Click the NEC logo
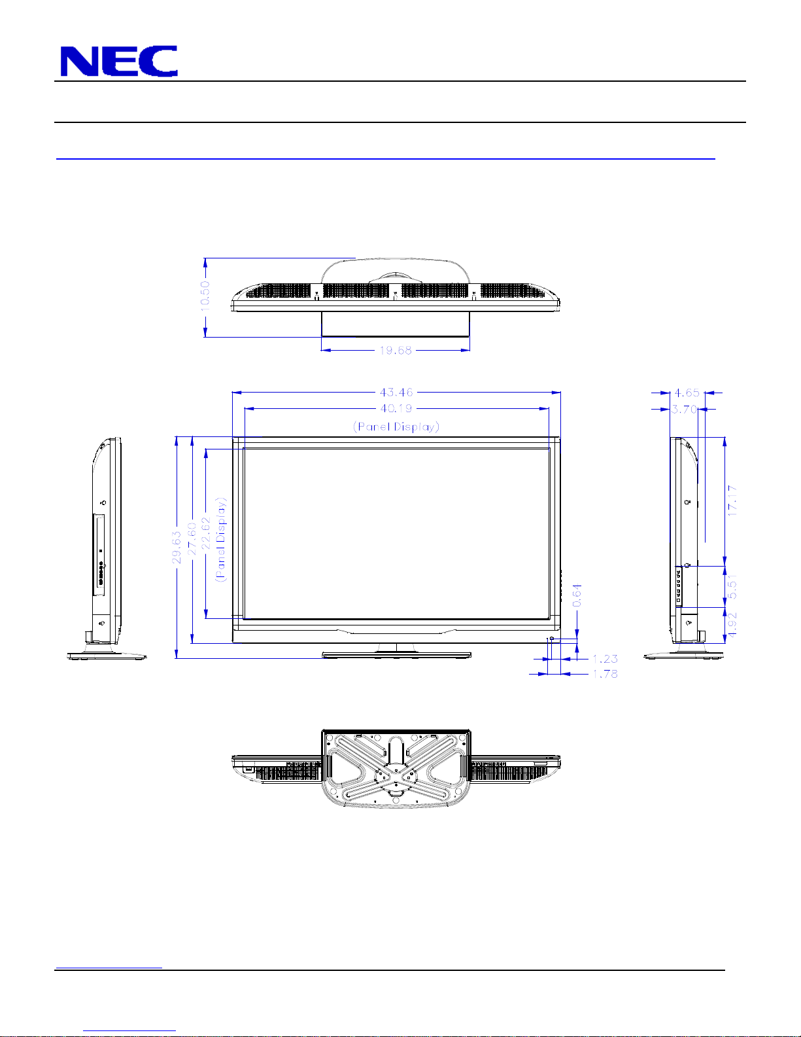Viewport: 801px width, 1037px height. [119, 61]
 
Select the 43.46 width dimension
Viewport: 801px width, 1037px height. [396, 393]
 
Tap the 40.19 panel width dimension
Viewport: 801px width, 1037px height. [396, 408]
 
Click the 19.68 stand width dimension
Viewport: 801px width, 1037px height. [395, 350]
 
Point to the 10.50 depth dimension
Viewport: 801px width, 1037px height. [205, 296]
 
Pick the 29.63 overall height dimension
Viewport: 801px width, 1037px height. [177, 548]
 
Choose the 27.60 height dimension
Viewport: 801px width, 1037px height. [192, 538]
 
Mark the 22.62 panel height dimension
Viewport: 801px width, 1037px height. [206, 533]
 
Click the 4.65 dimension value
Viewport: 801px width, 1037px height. [687, 393]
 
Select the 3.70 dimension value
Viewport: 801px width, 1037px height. [684, 409]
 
